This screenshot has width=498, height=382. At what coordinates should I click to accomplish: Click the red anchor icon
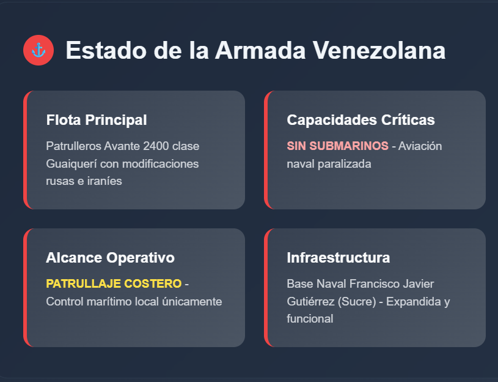(38, 50)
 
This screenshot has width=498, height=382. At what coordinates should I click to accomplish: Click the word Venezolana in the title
(379, 50)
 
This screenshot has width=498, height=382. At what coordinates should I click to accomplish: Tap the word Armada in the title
(260, 50)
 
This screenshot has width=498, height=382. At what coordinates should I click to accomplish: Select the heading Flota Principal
(97, 120)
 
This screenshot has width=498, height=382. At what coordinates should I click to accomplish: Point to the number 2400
(156, 146)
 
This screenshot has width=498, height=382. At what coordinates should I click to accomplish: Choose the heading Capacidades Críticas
(361, 120)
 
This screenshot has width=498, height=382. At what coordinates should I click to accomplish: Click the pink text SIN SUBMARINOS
(338, 146)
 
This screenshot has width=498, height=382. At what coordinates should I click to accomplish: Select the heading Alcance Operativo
(110, 258)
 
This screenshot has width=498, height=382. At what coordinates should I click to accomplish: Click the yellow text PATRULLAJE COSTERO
(114, 283)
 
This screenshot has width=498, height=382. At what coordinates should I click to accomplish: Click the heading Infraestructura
(339, 258)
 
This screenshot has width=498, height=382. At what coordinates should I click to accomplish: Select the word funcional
(310, 319)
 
